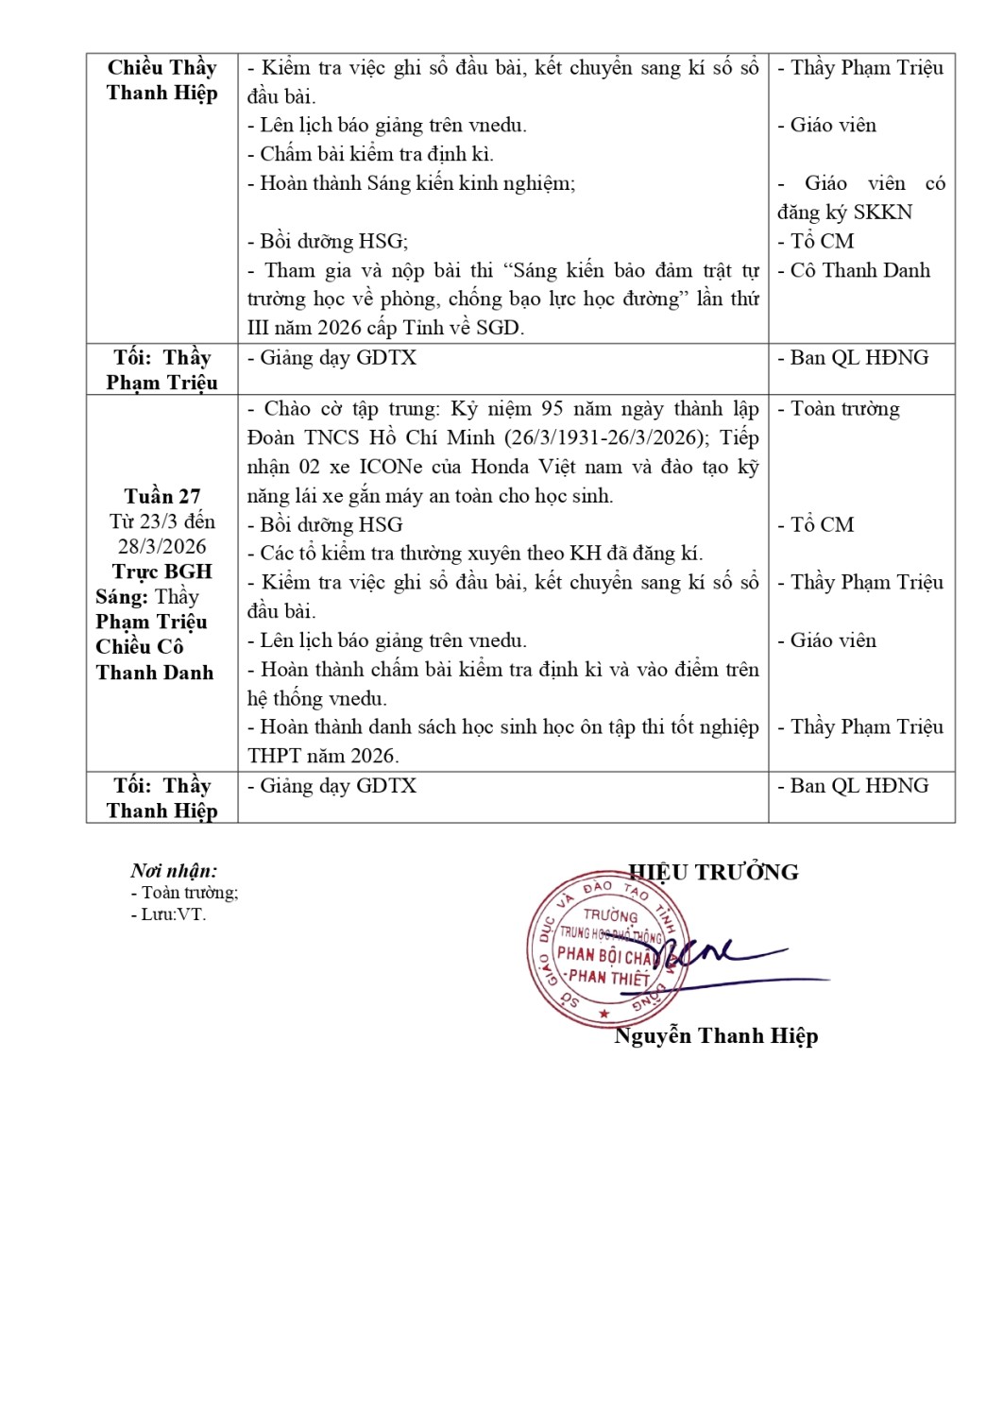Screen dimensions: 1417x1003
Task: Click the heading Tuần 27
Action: click(161, 496)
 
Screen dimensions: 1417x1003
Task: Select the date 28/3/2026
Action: click(161, 546)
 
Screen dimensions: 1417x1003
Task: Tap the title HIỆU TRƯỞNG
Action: click(713, 872)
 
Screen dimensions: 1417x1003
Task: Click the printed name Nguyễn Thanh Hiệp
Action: click(716, 1035)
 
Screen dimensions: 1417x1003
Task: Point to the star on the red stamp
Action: click(604, 1014)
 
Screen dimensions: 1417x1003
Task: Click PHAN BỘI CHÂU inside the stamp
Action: click(604, 955)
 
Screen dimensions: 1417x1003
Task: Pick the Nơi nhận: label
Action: click(174, 871)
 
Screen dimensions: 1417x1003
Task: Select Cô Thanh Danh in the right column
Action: click(859, 270)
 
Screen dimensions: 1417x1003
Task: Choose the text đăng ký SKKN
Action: click(844, 212)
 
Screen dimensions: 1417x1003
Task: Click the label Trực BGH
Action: click(161, 572)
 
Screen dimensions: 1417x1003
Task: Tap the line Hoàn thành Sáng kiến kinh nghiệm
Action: click(411, 183)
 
